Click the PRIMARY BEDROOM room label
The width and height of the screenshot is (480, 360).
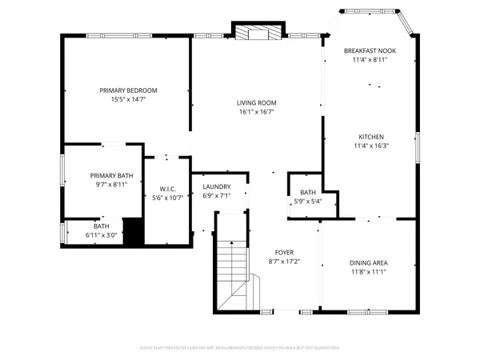pyautogui.click(x=128, y=90)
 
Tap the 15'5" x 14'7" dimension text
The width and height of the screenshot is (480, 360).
pyautogui.click(x=128, y=100)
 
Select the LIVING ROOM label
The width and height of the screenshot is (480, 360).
pyautogui.click(x=256, y=102)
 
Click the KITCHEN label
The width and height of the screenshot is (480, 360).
pyautogui.click(x=370, y=137)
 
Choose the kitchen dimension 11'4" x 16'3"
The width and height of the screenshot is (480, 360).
pyautogui.click(x=370, y=146)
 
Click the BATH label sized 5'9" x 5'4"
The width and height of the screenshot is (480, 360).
pyautogui.click(x=308, y=193)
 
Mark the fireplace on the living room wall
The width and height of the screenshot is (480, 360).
pyautogui.click(x=258, y=33)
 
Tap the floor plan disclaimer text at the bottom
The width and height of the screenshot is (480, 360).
pyautogui.click(x=239, y=348)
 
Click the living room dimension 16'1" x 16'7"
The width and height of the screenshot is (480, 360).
pyautogui.click(x=256, y=112)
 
